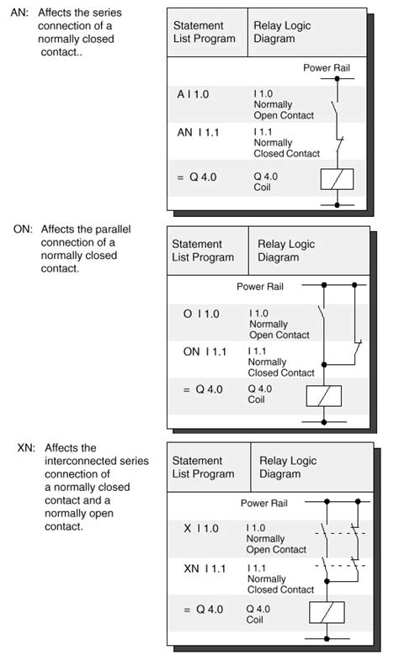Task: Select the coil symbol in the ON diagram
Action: click(322, 396)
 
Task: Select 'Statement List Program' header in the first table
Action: click(204, 32)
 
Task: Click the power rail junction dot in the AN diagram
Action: click(337, 78)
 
